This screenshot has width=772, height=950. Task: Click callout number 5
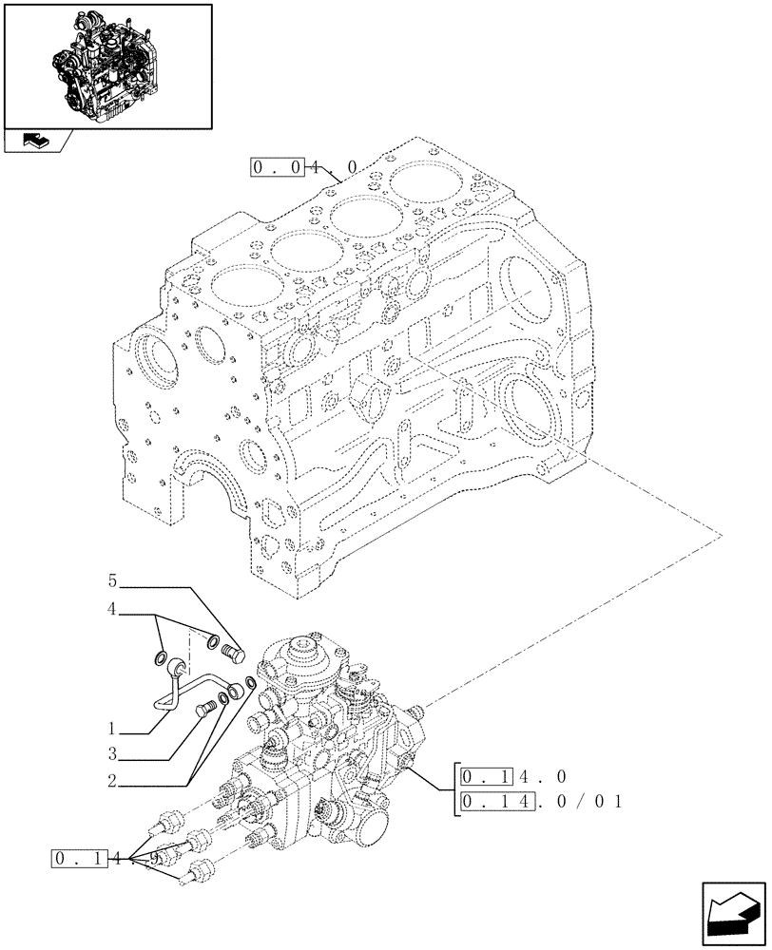coord(112,579)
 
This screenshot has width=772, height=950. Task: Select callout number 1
coord(112,731)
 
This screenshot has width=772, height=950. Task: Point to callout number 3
coord(112,755)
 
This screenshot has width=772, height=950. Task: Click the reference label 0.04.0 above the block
coord(304,167)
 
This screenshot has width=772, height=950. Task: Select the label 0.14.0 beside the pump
coord(513,777)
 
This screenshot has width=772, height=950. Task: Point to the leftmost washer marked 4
coord(163,656)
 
